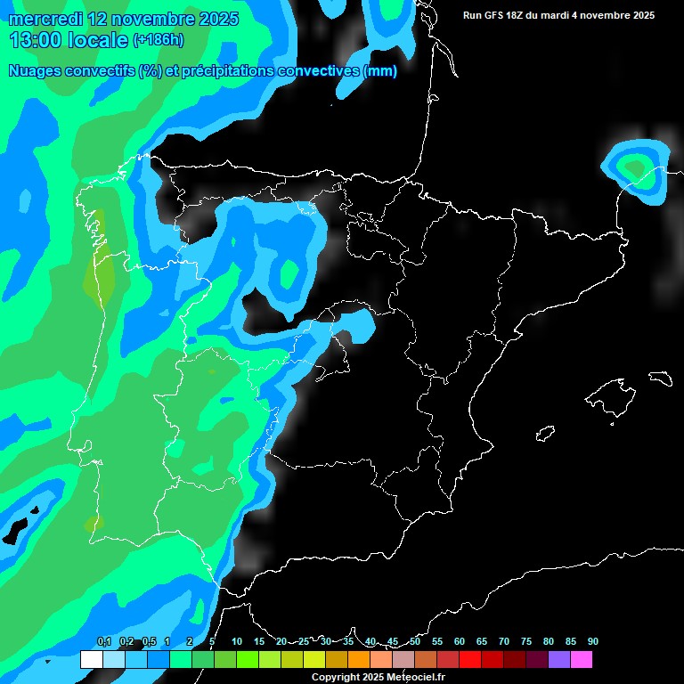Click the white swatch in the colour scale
(x=91, y=660)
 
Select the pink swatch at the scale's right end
(x=581, y=660)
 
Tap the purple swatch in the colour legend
(x=558, y=660)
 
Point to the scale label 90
(x=592, y=642)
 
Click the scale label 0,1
(x=104, y=642)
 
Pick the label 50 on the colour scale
(x=415, y=642)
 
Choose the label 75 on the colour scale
(x=526, y=642)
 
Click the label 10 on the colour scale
(x=237, y=642)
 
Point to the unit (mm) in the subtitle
(x=380, y=71)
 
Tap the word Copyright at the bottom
(x=336, y=678)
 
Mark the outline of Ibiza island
(x=546, y=434)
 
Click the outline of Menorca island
(x=660, y=378)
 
